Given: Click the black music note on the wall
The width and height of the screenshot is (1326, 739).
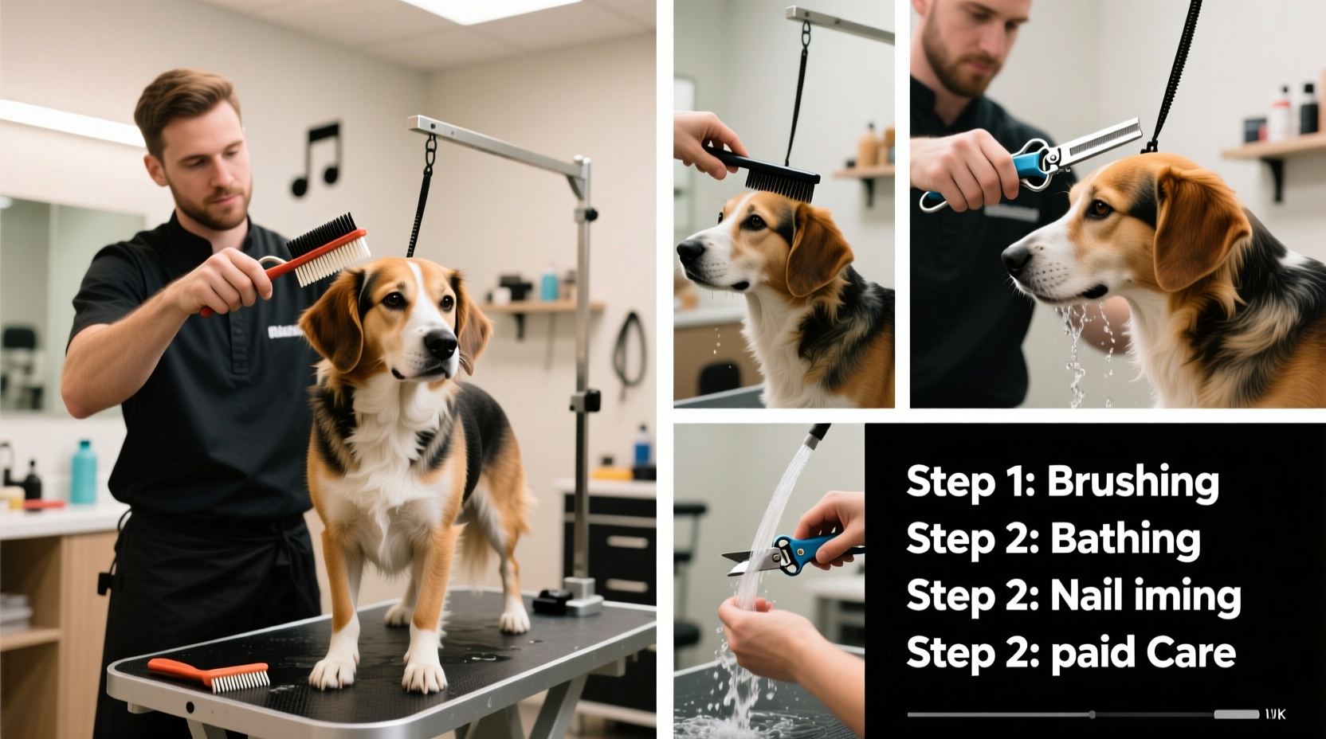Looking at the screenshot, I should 316,159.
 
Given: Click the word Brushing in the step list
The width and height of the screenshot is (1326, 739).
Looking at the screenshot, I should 1132,483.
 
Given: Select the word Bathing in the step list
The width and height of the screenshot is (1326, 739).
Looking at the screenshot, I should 1124,540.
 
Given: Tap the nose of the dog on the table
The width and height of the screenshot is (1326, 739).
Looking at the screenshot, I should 440,343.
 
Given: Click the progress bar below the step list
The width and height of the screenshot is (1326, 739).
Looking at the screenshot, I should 1072,714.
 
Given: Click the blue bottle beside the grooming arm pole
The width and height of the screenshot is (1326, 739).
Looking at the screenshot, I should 642,446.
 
